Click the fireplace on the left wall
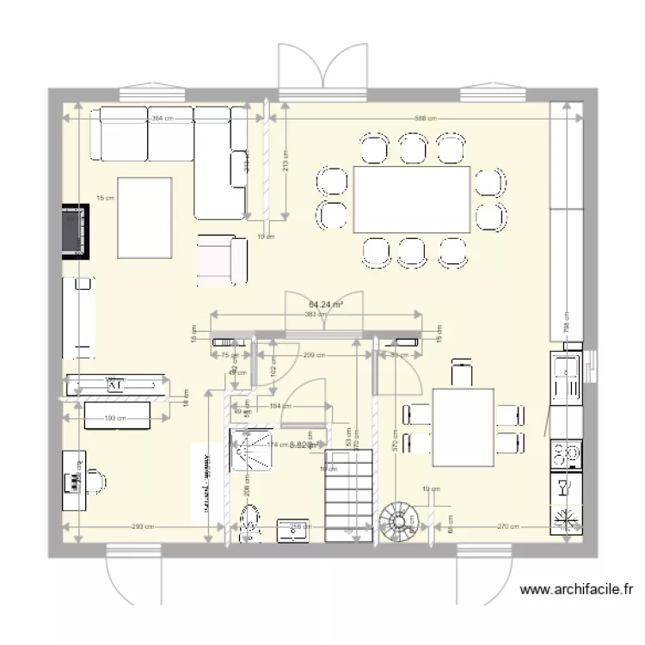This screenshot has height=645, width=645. [x=76, y=230]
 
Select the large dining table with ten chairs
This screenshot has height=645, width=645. [x=412, y=200]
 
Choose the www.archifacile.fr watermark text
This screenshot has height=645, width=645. [x=577, y=590]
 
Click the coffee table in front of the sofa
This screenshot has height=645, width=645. [x=144, y=216]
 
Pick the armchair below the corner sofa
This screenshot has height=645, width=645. [x=222, y=259]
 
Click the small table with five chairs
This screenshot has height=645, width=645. [x=463, y=425]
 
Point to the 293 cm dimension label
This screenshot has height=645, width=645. [x=143, y=527]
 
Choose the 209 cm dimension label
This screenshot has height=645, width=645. [x=314, y=354]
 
